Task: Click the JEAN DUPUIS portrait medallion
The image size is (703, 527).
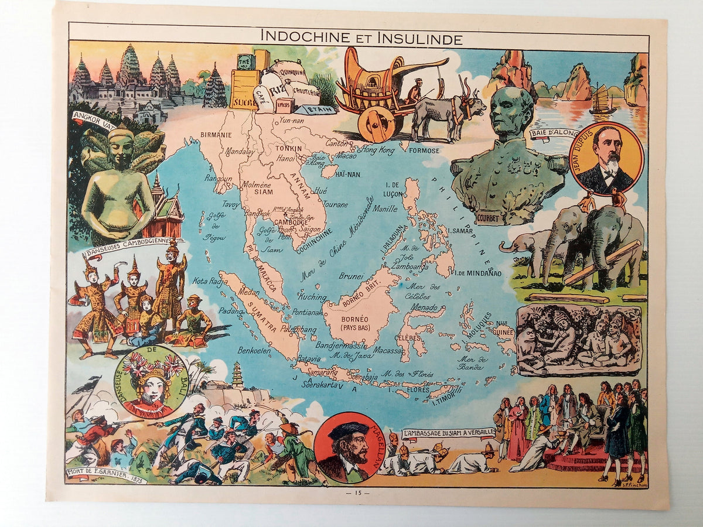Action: click(x=606, y=158)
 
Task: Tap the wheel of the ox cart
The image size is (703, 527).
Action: click(x=376, y=124)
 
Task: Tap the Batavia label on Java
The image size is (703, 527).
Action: click(x=308, y=358)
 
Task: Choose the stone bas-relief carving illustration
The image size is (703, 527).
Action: click(x=578, y=340)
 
